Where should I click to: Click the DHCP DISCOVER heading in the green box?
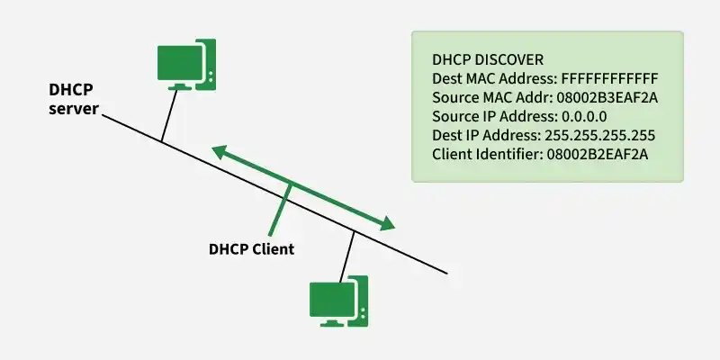[x=488, y=58]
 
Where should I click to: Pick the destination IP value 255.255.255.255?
[x=598, y=135]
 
